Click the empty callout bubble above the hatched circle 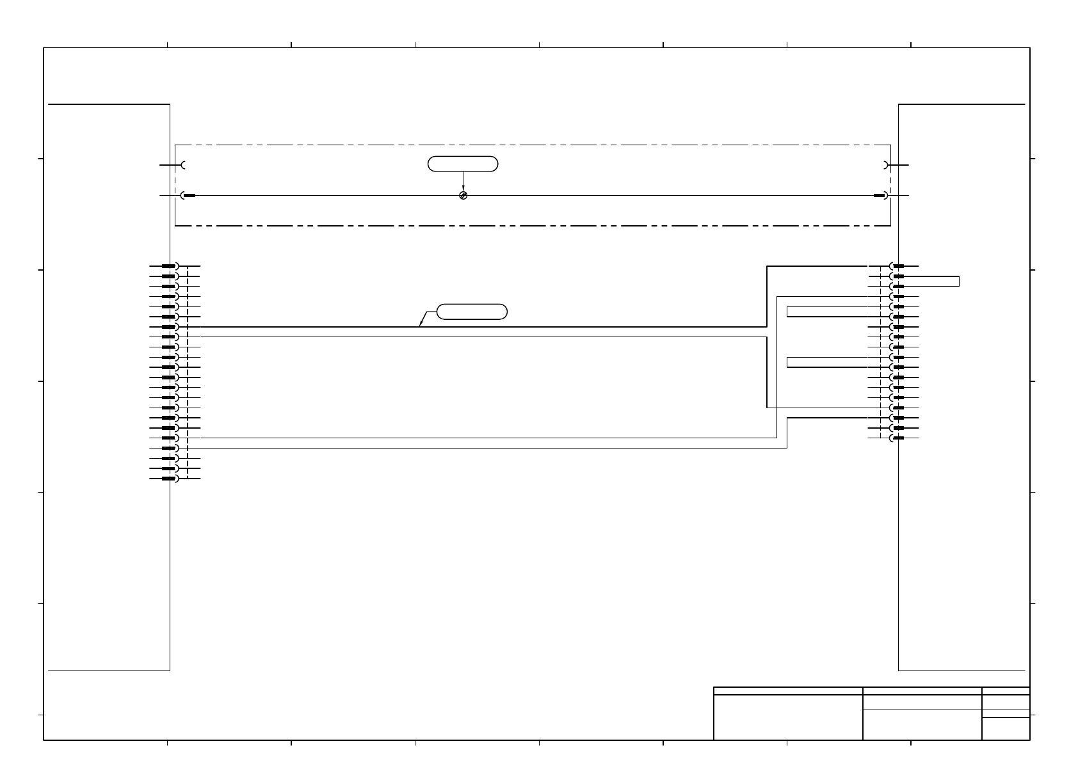coord(463,164)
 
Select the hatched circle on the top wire coord(463,195)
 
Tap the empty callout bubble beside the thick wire coord(472,312)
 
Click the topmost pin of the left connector coord(169,266)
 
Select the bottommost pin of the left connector coord(169,479)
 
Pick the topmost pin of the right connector coord(898,266)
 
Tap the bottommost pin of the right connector coord(898,438)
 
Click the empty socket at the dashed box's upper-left coord(184,165)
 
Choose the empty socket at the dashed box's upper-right coord(885,165)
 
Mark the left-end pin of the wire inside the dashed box coord(189,195)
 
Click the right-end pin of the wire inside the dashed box coord(880,195)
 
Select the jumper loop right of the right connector coord(958,281)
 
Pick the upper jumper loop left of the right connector coord(787,312)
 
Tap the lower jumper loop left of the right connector coord(787,362)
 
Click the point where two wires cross coord(777,408)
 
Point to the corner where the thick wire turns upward coord(767,327)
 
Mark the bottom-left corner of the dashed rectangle coord(175,225)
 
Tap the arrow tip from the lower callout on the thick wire coord(419,326)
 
